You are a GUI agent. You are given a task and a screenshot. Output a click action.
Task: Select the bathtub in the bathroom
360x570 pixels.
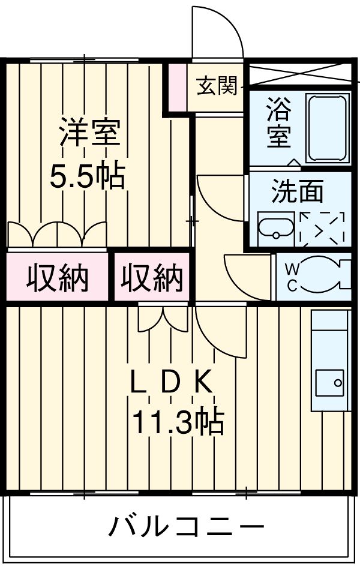pyautogui.click(x=327, y=128)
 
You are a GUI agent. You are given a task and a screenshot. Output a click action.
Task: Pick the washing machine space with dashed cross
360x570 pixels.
pyautogui.click(x=322, y=229)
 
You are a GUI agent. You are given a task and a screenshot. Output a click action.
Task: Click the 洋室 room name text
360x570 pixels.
pyautogui.click(x=89, y=133)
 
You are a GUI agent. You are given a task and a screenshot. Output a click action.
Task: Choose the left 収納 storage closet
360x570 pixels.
pyautogui.click(x=57, y=278)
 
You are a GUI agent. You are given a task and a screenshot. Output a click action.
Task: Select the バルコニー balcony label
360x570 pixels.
pyautogui.click(x=186, y=527)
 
